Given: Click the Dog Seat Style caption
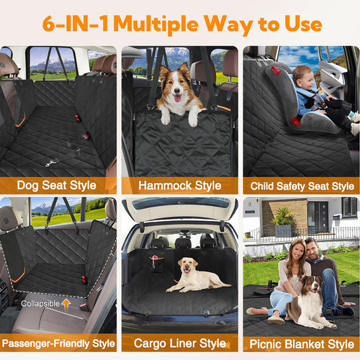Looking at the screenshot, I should click(x=59, y=186).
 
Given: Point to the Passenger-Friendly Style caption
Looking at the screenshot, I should click(x=59, y=343).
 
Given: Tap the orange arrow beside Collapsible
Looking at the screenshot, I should click(x=66, y=304).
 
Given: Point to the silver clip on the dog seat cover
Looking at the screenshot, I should click(x=50, y=163).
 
